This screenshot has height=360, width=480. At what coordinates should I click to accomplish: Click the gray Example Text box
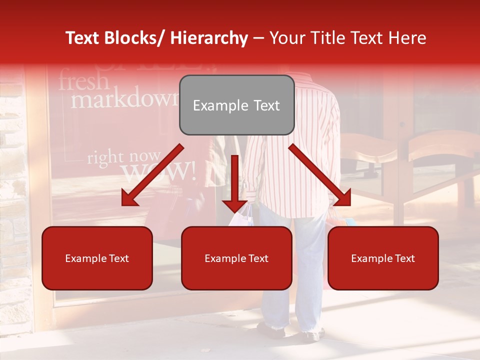236,105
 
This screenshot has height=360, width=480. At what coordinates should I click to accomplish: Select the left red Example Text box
97,258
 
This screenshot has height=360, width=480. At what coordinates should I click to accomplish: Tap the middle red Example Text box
236,258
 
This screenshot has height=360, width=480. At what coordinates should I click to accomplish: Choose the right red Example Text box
383,258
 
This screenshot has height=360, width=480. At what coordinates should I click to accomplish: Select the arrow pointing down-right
320,175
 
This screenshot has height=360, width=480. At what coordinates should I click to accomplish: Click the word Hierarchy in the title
209,38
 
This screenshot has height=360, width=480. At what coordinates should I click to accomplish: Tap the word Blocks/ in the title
134,38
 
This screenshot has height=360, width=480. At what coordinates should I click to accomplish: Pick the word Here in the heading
407,38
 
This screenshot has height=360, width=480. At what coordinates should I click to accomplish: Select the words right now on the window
124,157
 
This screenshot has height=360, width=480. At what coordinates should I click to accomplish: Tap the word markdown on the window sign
124,99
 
